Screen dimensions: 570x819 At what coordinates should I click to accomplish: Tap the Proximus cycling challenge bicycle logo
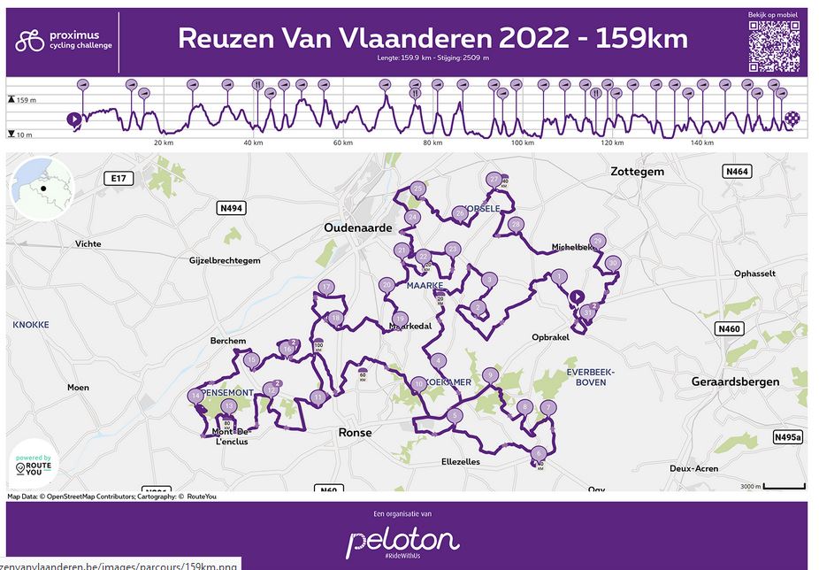pos(30,40)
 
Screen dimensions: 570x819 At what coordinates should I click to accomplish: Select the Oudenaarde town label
pos(357,227)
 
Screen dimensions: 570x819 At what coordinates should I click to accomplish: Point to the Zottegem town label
pos(637,172)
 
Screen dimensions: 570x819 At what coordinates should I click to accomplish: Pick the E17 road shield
pos(116,179)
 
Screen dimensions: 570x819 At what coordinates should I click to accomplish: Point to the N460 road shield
pos(729,329)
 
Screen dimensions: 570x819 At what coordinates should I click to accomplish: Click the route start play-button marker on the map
pos(577,297)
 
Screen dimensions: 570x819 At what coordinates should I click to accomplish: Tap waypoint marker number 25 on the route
pos(418,189)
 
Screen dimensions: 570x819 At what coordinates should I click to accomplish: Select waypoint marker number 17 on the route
pos(326,287)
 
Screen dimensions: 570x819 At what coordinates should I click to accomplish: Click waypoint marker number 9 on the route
pos(490,374)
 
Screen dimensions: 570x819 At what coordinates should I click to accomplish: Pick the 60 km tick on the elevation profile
pos(342,142)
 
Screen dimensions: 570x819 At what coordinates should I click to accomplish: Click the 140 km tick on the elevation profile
pos(701,142)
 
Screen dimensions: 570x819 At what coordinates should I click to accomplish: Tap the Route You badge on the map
pos(32,462)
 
